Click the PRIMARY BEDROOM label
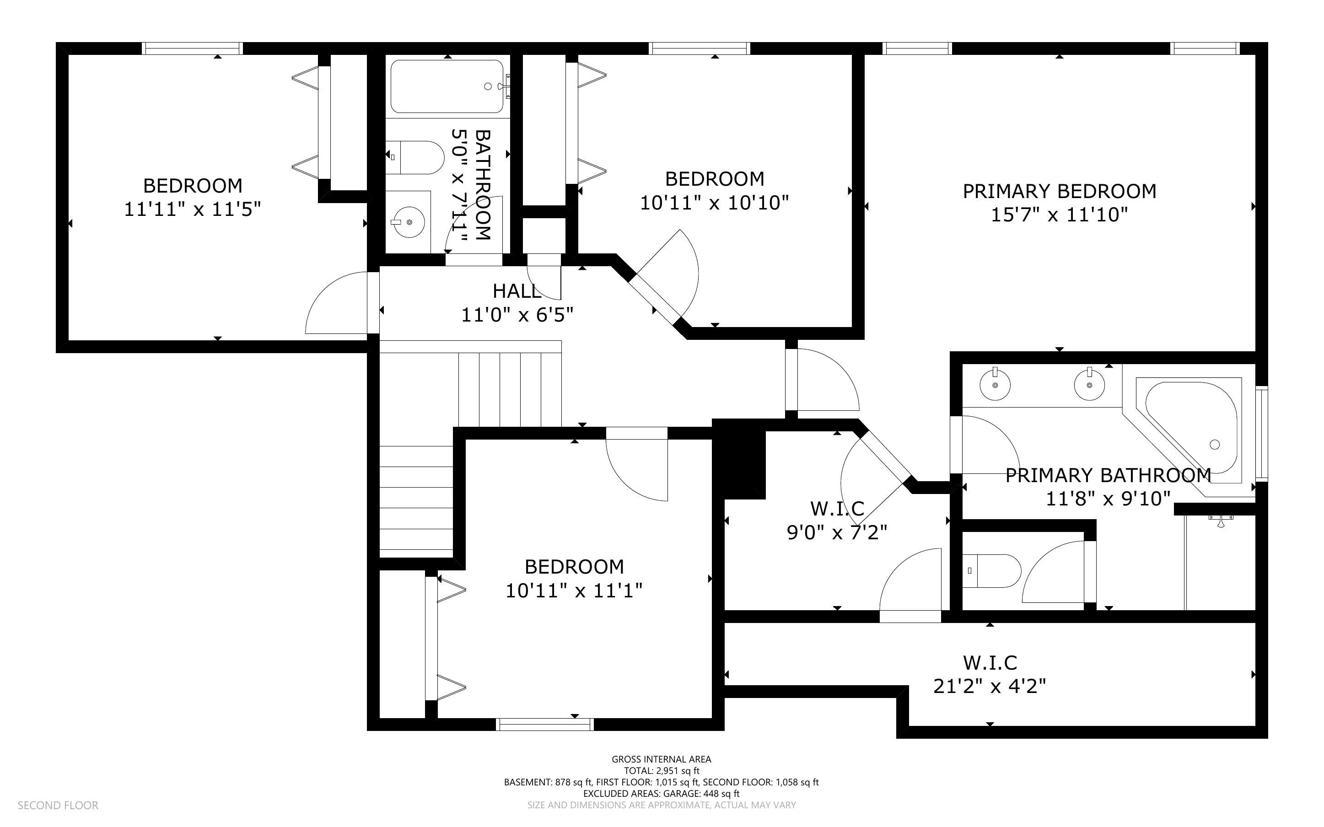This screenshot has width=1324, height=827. [x=1059, y=192]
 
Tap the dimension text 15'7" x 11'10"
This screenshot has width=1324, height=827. [x=1059, y=215]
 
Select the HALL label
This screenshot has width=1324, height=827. [x=517, y=291]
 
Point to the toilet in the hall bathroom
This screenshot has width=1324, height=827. [x=418, y=157]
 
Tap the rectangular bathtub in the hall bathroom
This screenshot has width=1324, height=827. [x=447, y=86]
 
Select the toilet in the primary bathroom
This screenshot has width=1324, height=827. [x=991, y=571]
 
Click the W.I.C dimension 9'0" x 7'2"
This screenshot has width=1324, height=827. [x=837, y=532]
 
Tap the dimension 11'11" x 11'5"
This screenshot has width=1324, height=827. [x=193, y=209]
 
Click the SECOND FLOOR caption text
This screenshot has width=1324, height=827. [x=58, y=805]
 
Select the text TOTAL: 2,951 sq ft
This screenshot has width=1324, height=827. [x=661, y=771]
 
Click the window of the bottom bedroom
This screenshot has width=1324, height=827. [x=545, y=725]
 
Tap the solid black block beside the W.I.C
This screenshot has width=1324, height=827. [x=738, y=459]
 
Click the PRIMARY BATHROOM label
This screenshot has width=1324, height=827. [x=1108, y=475]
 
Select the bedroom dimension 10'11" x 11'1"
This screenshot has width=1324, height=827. [x=574, y=591]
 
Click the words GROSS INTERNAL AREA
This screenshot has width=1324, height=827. [x=661, y=759]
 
